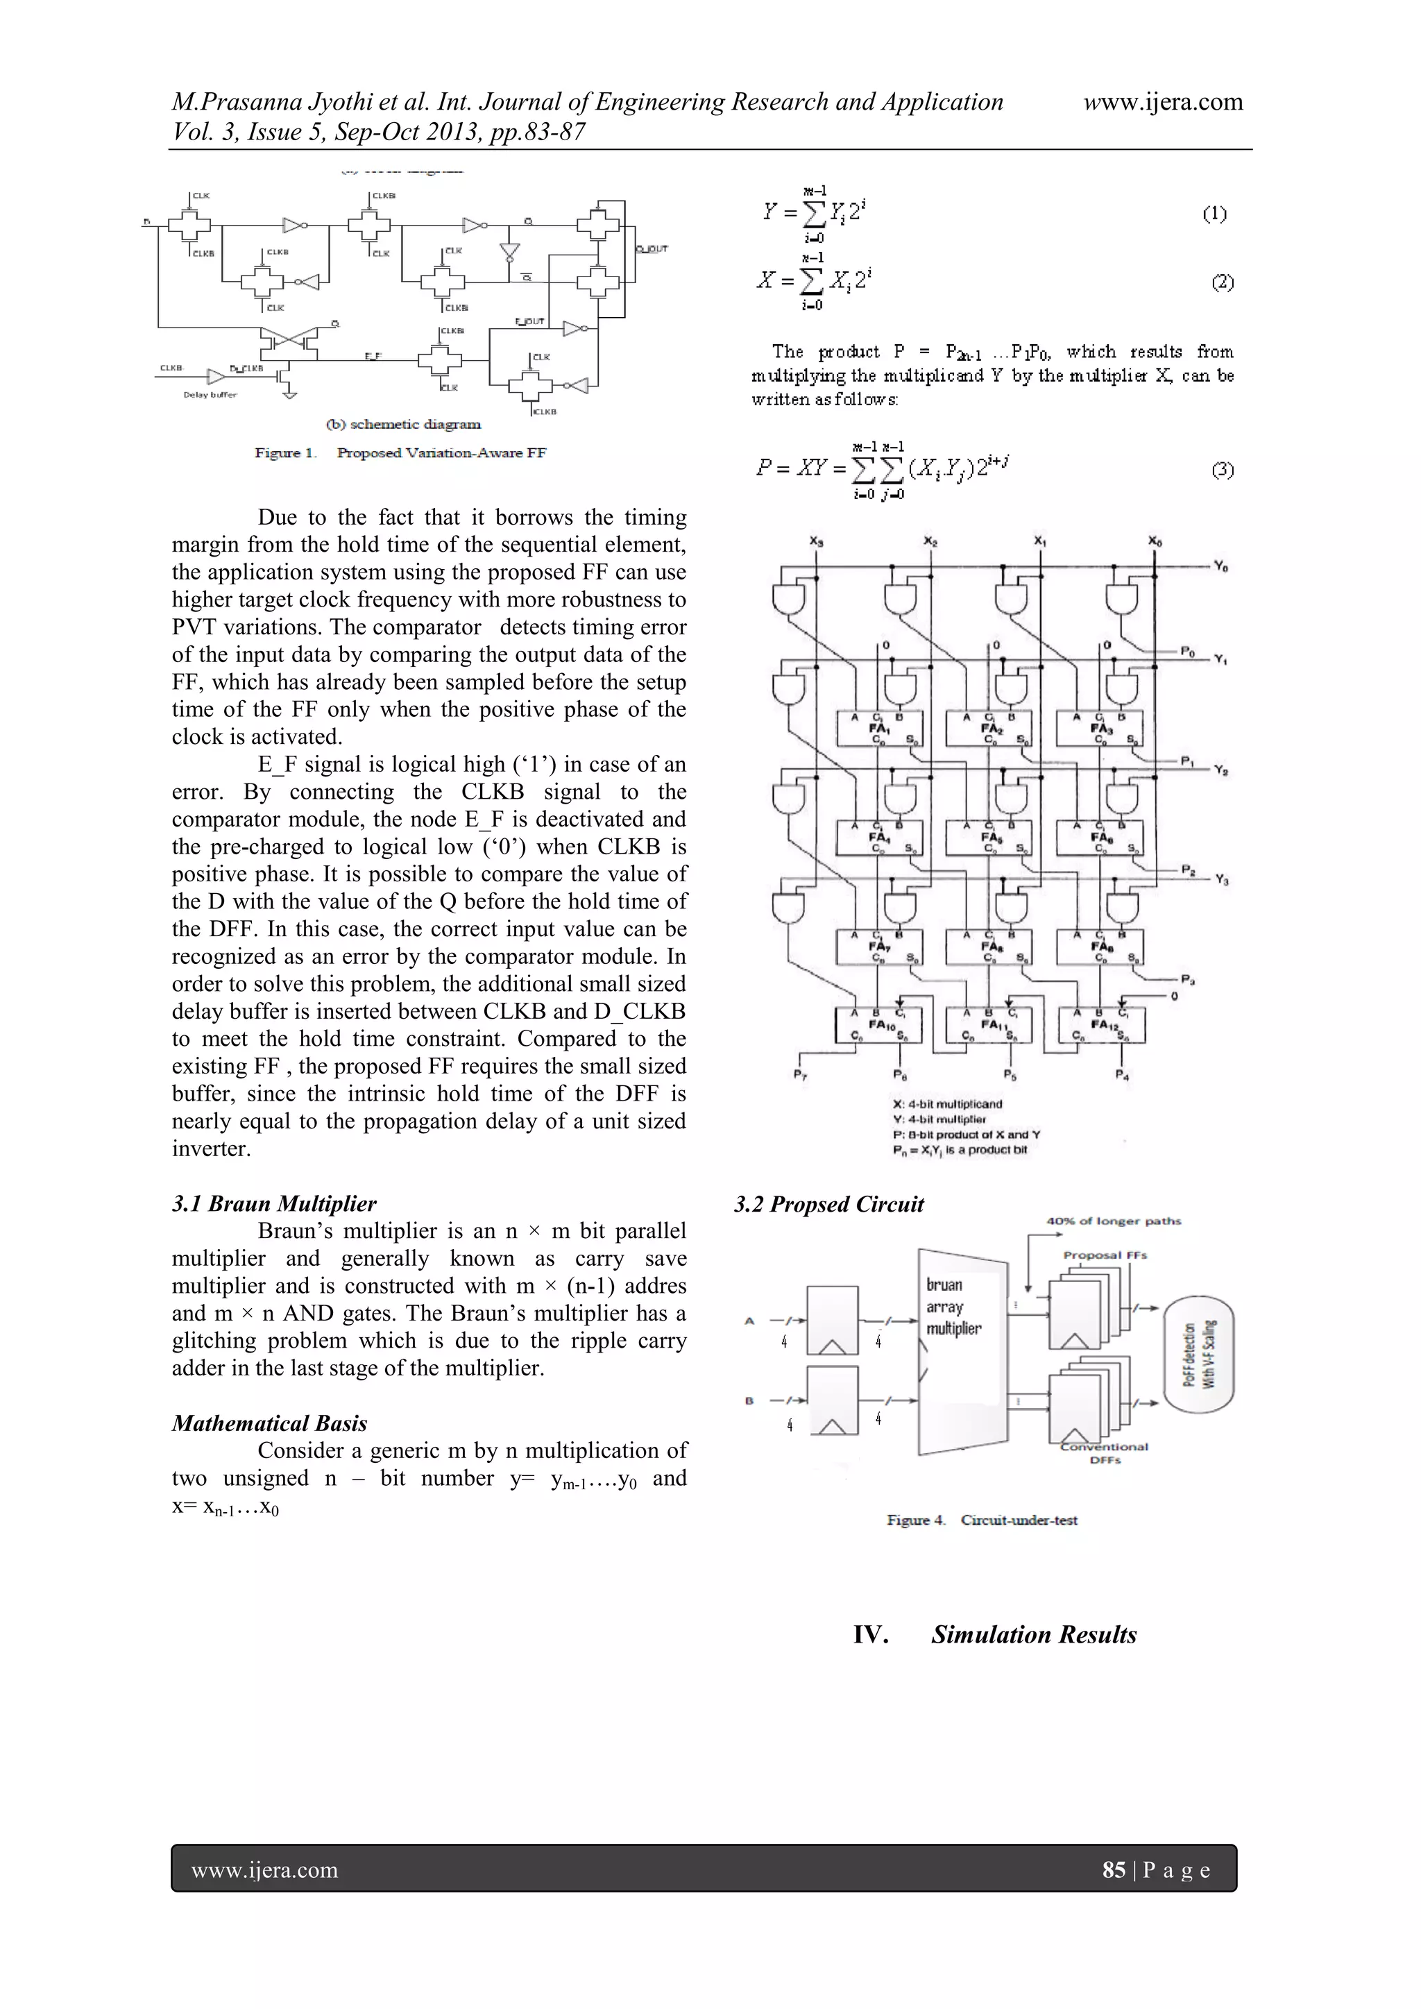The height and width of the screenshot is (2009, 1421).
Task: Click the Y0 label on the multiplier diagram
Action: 1220,567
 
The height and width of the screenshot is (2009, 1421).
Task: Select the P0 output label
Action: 1187,651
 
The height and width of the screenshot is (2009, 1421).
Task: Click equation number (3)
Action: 1223,470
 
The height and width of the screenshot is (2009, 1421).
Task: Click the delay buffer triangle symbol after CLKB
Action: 215,376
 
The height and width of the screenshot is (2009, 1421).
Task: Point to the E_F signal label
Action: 373,356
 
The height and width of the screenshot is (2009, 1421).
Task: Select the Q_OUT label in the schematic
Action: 652,249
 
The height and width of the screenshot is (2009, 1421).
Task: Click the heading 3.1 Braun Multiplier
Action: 274,1203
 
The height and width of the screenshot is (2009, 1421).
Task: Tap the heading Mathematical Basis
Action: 269,1423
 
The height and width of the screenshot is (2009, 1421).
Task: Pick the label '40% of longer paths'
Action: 1113,1221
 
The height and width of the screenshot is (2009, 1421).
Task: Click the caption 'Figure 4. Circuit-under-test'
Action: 982,1520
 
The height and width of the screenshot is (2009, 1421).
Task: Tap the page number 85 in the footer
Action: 1113,1870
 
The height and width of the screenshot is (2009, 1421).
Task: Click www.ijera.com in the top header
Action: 1162,103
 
